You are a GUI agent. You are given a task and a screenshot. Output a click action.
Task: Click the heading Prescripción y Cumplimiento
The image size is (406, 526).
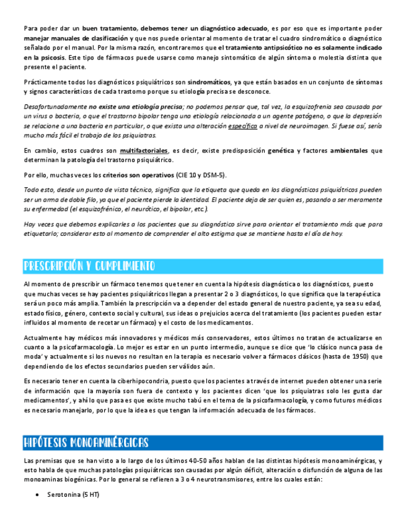click(89, 266)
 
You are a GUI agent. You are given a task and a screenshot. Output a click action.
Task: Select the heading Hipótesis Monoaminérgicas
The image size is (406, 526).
click(86, 442)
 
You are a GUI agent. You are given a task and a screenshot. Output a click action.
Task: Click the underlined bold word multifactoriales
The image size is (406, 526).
click(144, 151)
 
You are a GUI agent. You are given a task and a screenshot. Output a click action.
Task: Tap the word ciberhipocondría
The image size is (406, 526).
click(146, 380)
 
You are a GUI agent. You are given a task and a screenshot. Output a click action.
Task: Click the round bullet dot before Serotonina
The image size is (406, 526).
click(38, 495)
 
